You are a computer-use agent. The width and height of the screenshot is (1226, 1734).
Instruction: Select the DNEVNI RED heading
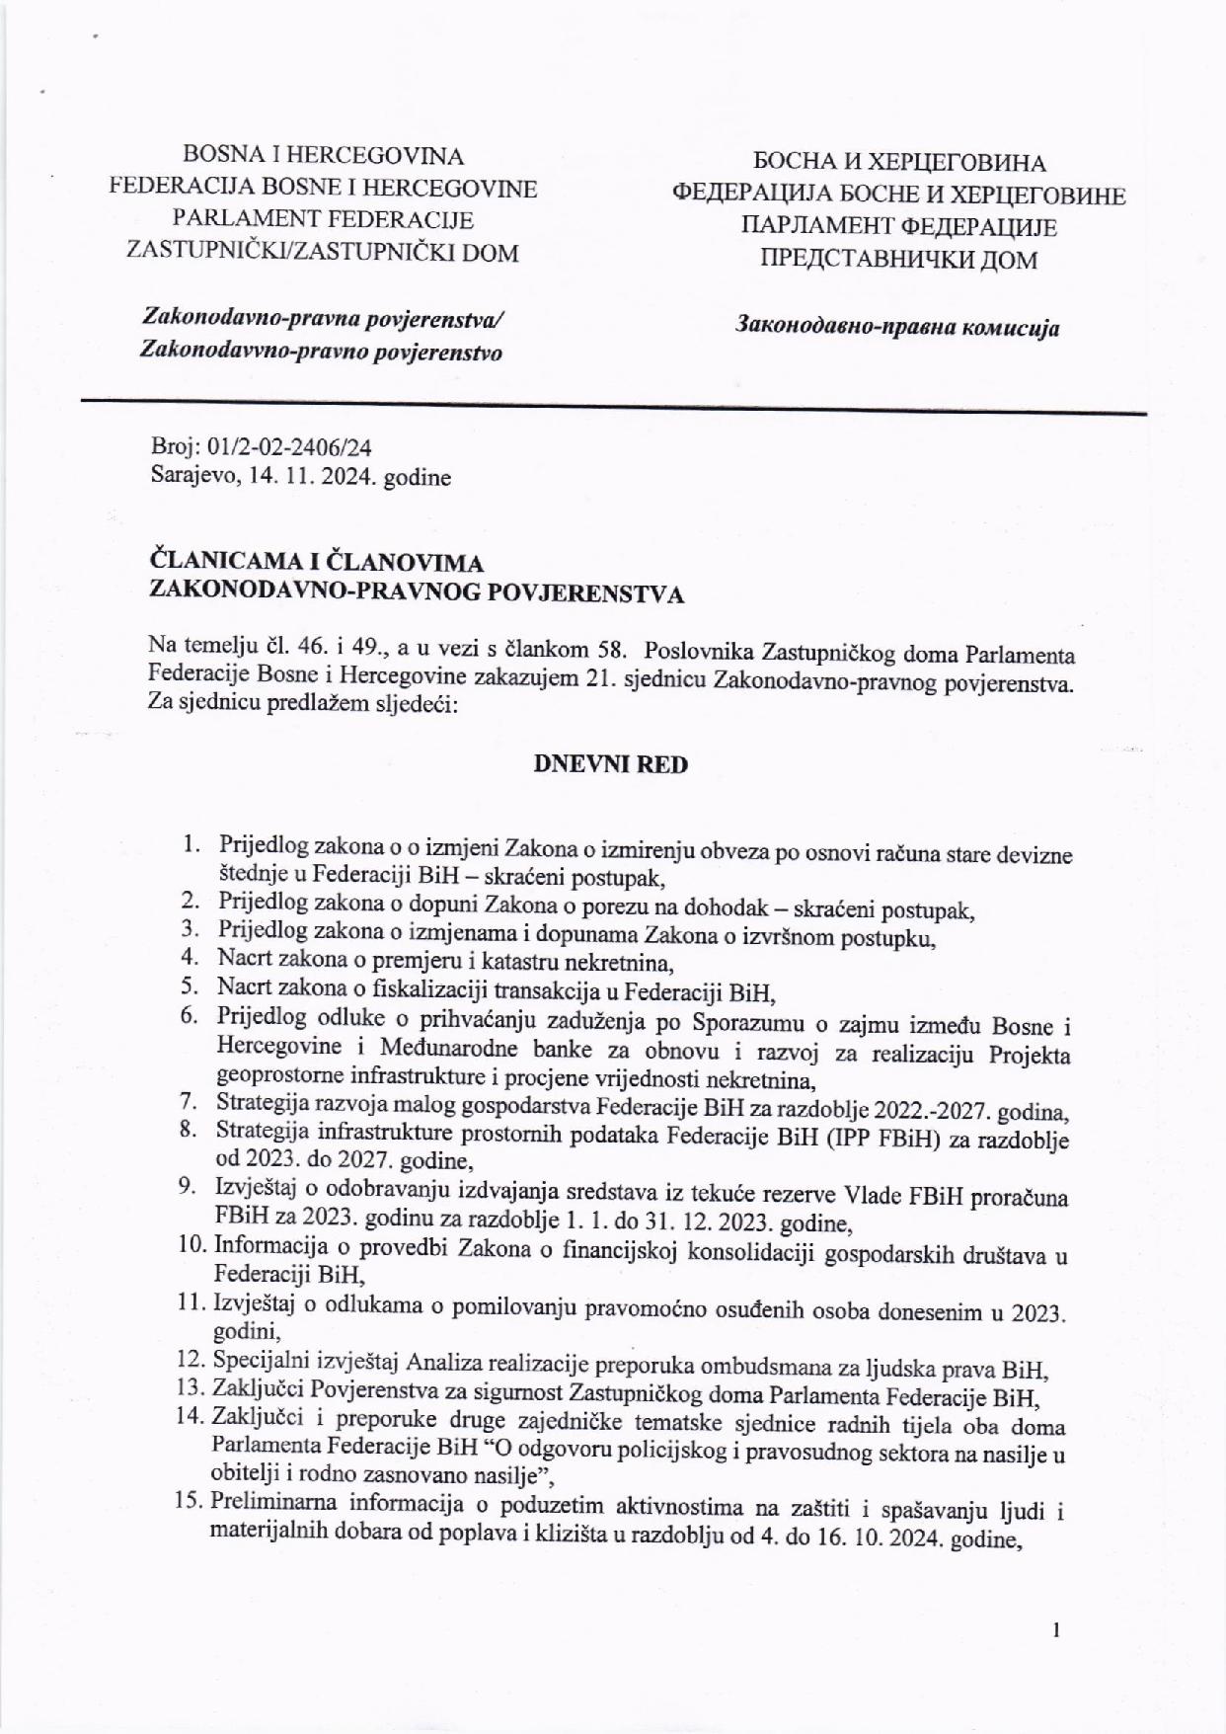tap(610, 764)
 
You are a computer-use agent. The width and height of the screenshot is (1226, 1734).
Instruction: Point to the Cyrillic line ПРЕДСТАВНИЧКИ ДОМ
tap(898, 260)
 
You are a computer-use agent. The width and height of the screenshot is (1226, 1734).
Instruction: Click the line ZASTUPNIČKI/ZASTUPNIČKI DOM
tap(323, 252)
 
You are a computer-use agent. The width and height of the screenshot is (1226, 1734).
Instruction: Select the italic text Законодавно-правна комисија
tap(897, 327)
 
